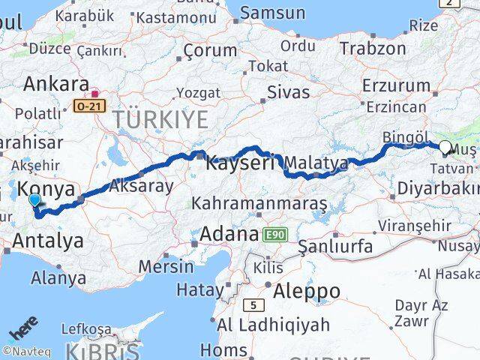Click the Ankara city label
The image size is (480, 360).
(x=56, y=84)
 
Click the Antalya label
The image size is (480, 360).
(x=48, y=241)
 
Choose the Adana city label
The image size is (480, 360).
(x=229, y=235)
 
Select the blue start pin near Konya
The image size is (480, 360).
(x=35, y=199)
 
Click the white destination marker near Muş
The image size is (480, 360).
(x=445, y=148)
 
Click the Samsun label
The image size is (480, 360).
(x=272, y=13)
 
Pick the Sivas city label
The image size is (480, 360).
(x=289, y=92)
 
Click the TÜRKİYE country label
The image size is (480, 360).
(x=160, y=118)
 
